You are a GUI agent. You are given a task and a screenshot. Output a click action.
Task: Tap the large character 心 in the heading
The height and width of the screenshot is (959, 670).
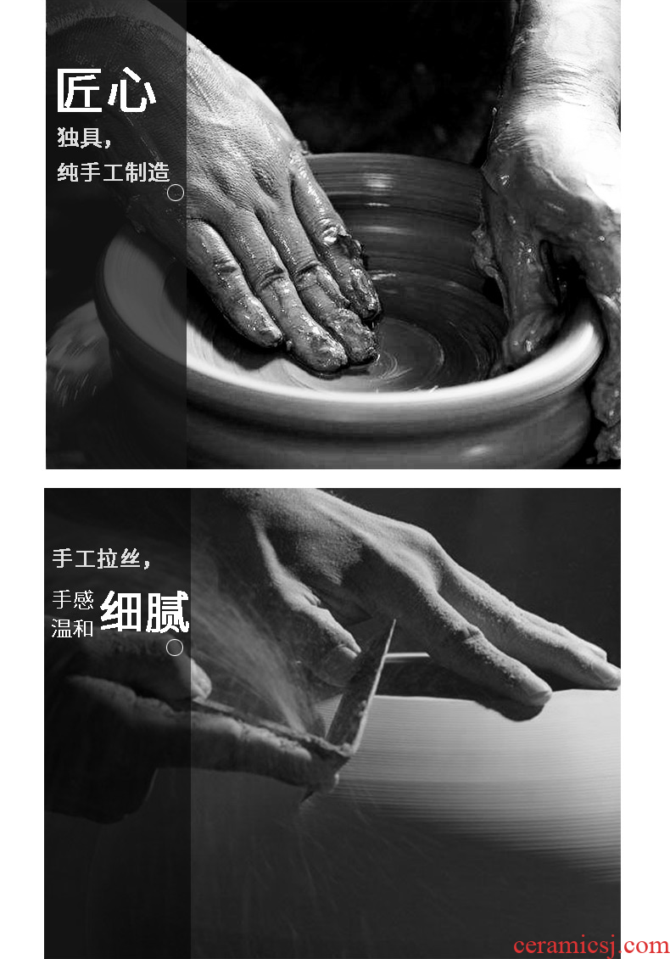(x=131, y=90)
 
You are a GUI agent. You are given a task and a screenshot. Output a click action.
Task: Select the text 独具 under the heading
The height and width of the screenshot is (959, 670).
(x=80, y=137)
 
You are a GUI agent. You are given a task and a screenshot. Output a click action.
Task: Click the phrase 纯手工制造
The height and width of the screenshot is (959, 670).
(x=113, y=172)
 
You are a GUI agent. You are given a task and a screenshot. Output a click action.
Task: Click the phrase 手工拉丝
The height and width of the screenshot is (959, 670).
(x=97, y=558)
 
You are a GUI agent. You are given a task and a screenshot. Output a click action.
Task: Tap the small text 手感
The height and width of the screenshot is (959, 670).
(x=73, y=599)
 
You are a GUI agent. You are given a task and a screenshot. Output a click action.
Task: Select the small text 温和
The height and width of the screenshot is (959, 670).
(x=73, y=627)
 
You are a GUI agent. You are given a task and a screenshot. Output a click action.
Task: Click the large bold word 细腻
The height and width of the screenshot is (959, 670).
(x=145, y=612)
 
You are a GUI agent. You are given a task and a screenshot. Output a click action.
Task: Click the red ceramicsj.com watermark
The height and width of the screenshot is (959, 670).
(x=591, y=945)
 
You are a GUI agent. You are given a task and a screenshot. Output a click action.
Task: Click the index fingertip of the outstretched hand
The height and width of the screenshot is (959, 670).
(x=606, y=675)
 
